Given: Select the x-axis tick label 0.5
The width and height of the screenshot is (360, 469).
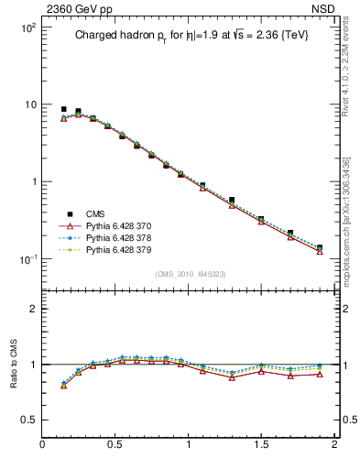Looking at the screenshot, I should point(115,444).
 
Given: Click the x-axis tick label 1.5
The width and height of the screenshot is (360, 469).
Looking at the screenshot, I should point(261,444).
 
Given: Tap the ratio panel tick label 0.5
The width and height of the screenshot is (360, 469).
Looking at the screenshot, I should point(27,420).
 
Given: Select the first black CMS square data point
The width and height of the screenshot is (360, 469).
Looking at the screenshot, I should point(64,109).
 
